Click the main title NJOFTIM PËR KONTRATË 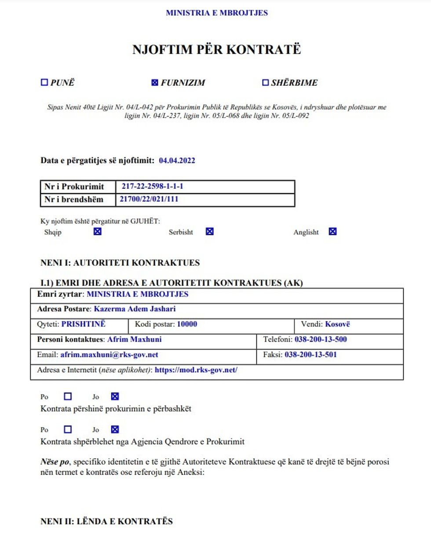(x=216, y=50)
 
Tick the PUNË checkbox (x=44, y=82)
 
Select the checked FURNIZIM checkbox (x=154, y=82)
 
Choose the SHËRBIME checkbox (x=265, y=82)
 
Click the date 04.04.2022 (x=177, y=161)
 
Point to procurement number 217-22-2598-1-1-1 (x=152, y=186)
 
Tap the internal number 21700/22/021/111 (x=149, y=199)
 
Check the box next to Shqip (x=98, y=232)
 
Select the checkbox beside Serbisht (x=210, y=232)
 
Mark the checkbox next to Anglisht (x=332, y=232)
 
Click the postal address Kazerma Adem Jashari (x=135, y=309)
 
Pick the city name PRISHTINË (x=83, y=324)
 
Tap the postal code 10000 (x=187, y=324)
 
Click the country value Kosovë (x=337, y=324)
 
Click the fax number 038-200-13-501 (x=310, y=354)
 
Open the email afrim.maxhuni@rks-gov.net (x=109, y=355)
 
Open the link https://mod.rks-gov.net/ (x=196, y=370)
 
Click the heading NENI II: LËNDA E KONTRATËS (x=106, y=522)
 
